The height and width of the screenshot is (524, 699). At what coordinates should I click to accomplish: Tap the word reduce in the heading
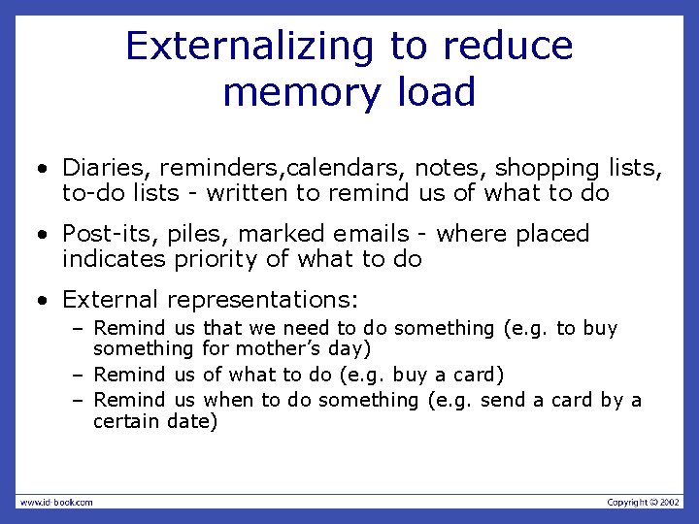(x=508, y=46)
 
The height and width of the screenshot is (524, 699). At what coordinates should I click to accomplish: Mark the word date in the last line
(x=189, y=421)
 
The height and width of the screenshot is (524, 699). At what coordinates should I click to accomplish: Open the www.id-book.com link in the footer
(x=55, y=502)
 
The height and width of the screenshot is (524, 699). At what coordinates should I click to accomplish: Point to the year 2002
(x=671, y=502)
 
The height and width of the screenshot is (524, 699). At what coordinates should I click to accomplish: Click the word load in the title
(x=436, y=92)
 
